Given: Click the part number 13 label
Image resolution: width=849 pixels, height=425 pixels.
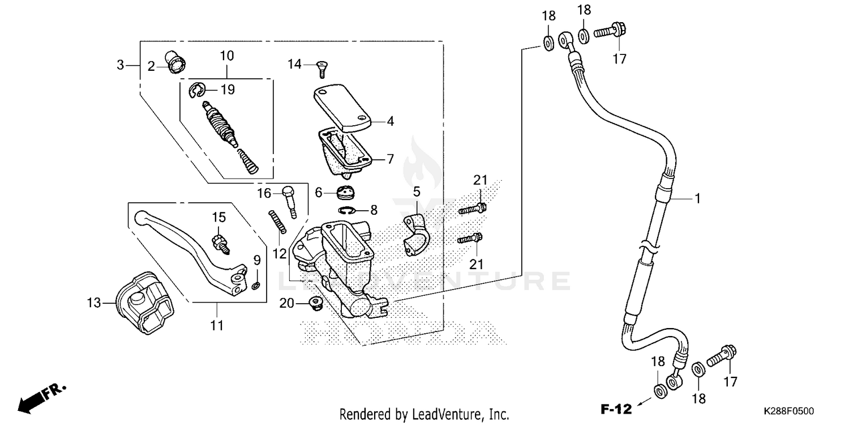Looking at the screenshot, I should point(93,303).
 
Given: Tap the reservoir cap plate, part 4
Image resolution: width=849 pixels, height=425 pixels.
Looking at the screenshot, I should point(342,107).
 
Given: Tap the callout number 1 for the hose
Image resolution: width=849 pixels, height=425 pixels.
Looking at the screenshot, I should point(697,198).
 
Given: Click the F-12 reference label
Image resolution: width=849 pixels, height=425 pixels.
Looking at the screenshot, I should point(615,409).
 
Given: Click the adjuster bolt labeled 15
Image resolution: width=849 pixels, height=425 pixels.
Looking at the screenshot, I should point(220,243).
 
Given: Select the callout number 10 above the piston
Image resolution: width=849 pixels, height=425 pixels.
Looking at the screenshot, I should point(226,56).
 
